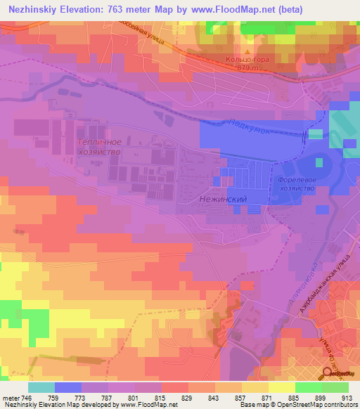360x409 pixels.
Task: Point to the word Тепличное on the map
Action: (98, 142)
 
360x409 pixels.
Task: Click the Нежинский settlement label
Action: (221, 200)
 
